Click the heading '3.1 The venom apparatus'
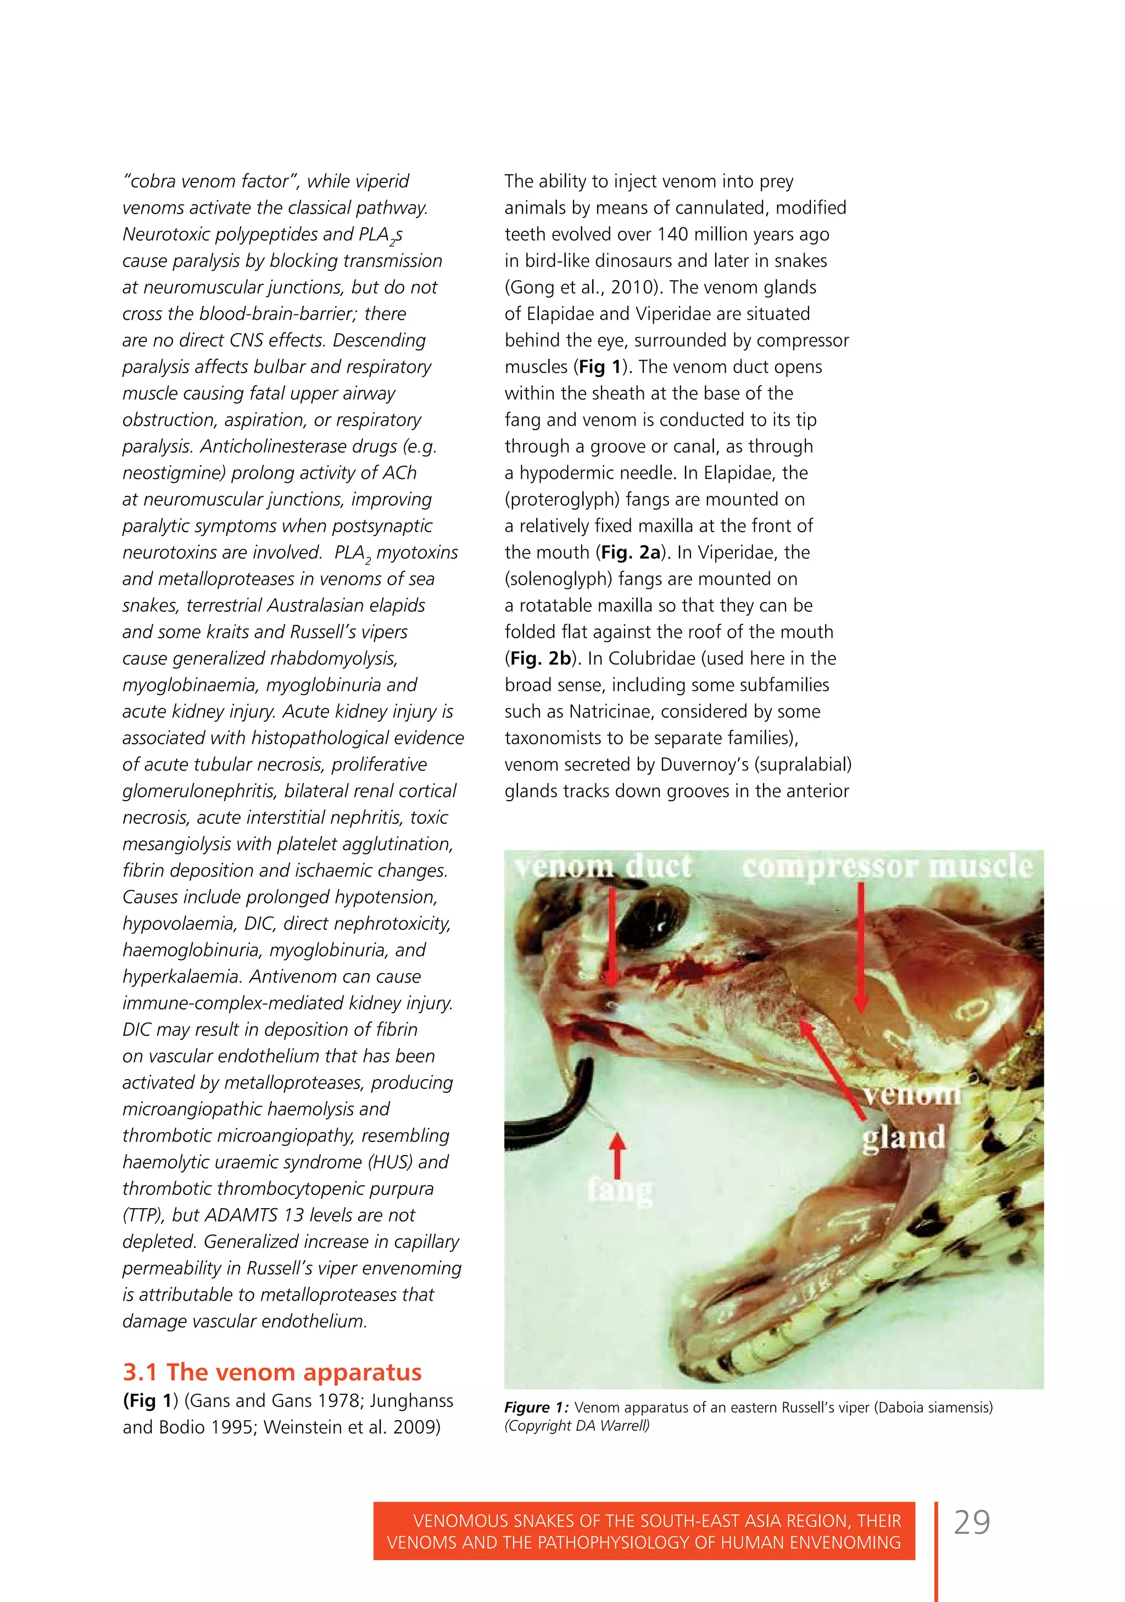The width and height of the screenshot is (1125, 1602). click(x=272, y=1372)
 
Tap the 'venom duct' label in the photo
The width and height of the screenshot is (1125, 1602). click(x=604, y=867)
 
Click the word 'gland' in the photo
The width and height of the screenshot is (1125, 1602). click(x=903, y=1137)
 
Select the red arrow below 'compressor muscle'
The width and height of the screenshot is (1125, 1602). click(x=861, y=949)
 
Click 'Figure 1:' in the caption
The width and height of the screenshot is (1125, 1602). click(x=536, y=1408)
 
